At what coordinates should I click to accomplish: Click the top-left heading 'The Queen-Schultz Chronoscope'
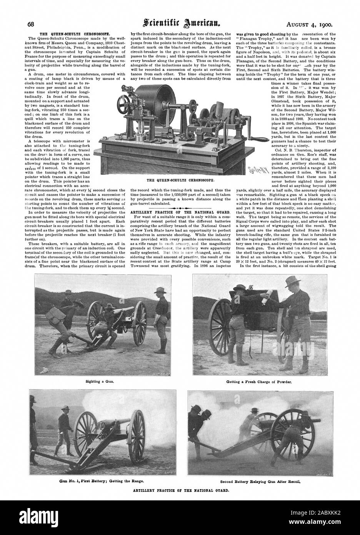coord(67,34)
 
